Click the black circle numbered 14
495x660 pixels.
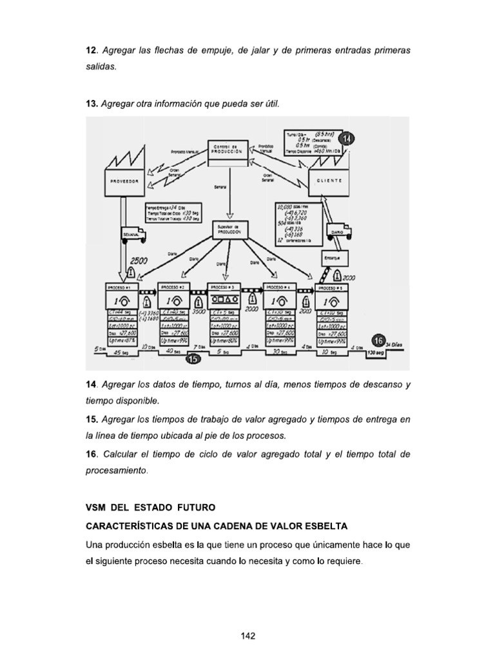pyautogui.click(x=349, y=139)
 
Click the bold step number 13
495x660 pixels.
pyautogui.click(x=92, y=104)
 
